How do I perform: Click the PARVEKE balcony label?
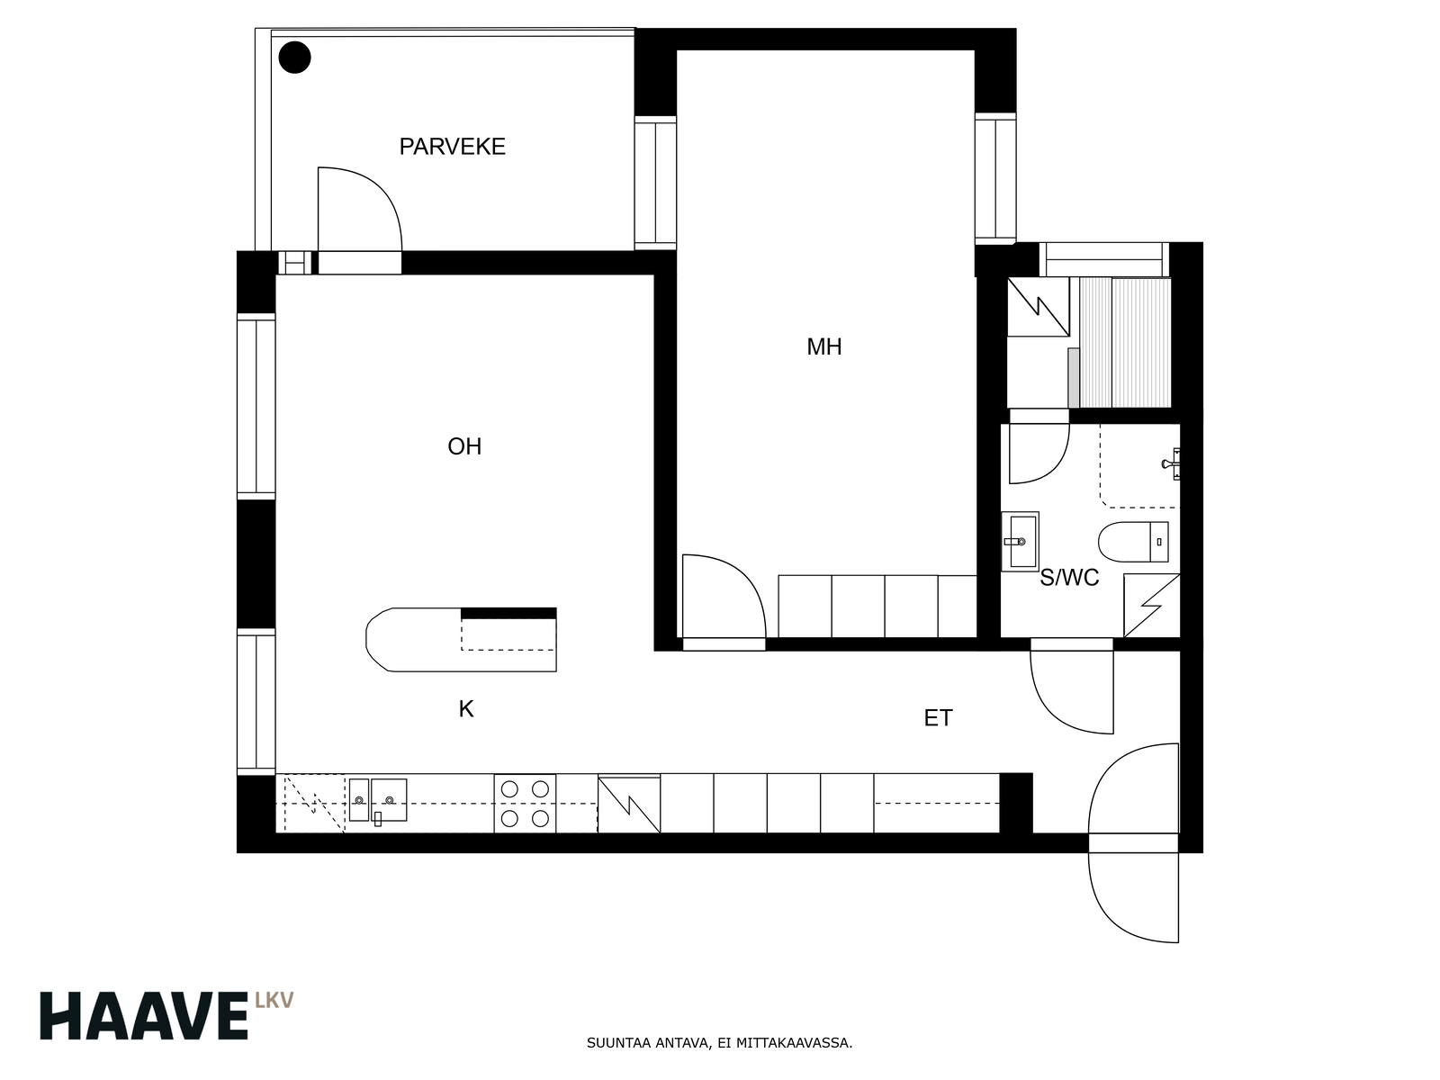[x=452, y=146]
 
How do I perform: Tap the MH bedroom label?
[x=824, y=346]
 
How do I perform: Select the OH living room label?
[x=464, y=446]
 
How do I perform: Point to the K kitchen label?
[x=466, y=709]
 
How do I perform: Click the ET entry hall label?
[x=938, y=719]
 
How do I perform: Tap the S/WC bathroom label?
[x=1069, y=578]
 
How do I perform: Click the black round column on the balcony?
[x=294, y=58]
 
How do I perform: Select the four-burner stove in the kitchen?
[x=525, y=804]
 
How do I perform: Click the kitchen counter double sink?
[x=378, y=801]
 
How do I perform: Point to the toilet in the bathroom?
[x=1134, y=543]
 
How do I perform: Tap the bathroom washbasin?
[x=1020, y=542]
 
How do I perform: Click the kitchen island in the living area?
[x=461, y=639]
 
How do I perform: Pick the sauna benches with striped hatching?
[x=1125, y=342]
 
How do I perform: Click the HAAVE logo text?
[x=144, y=1016]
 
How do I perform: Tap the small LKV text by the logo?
[x=274, y=1000]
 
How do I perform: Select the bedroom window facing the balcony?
[x=655, y=183]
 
